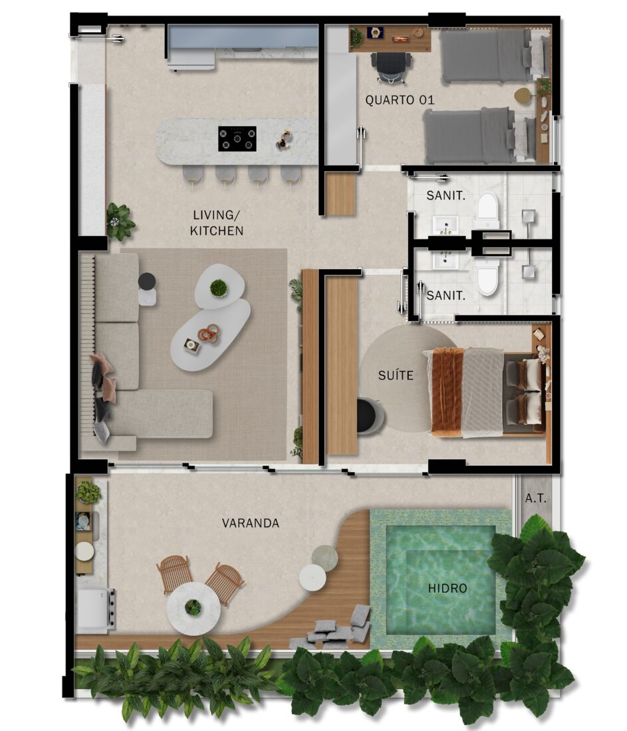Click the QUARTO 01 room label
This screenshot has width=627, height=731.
(x=400, y=100)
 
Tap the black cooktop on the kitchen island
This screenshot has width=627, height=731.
(x=237, y=138)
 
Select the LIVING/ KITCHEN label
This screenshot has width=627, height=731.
(x=217, y=223)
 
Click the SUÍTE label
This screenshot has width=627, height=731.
(x=396, y=375)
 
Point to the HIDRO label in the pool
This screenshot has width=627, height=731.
(x=447, y=588)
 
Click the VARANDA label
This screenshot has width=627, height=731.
(x=251, y=523)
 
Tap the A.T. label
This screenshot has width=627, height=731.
(x=535, y=498)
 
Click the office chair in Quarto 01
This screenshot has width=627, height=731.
(x=392, y=67)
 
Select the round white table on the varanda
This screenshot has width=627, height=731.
(x=193, y=608)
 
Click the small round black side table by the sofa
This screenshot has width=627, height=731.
(x=147, y=281)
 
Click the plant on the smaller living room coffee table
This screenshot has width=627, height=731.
(x=218, y=288)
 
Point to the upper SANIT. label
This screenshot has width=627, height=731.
(x=445, y=196)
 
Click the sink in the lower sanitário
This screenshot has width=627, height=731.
(x=445, y=261)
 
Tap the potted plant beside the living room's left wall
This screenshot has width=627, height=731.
(x=120, y=221)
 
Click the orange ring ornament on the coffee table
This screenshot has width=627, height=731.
(x=209, y=334)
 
